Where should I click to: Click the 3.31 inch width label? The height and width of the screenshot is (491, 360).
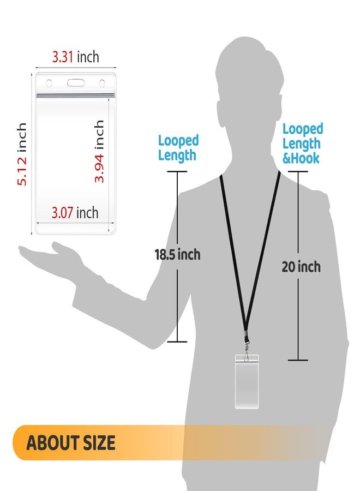click(75, 57)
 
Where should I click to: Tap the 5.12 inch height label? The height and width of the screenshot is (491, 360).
click(22, 154)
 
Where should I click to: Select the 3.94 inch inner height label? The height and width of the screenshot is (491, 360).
click(99, 151)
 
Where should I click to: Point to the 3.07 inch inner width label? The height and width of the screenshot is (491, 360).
click(75, 213)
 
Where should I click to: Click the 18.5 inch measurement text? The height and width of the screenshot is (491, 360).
click(177, 254)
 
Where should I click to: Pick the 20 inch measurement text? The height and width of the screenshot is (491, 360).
click(301, 267)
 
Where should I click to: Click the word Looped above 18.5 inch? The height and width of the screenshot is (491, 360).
click(178, 141)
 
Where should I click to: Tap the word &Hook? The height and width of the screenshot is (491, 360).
click(301, 158)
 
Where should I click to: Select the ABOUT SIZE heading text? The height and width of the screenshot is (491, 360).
click(71, 443)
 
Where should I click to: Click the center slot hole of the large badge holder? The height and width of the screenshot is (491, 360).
click(76, 83)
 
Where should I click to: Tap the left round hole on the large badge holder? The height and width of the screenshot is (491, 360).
click(49, 83)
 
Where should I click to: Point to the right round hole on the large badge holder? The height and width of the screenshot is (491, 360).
click(102, 83)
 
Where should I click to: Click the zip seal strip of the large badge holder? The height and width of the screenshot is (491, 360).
click(75, 95)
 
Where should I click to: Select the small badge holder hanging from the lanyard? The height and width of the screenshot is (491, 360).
click(247, 381)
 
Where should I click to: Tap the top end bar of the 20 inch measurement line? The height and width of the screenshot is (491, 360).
click(298, 171)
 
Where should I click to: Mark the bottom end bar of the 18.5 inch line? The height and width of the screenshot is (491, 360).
click(177, 342)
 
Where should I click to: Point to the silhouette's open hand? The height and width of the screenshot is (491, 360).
click(50, 254)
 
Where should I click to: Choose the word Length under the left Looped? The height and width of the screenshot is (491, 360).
click(177, 155)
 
